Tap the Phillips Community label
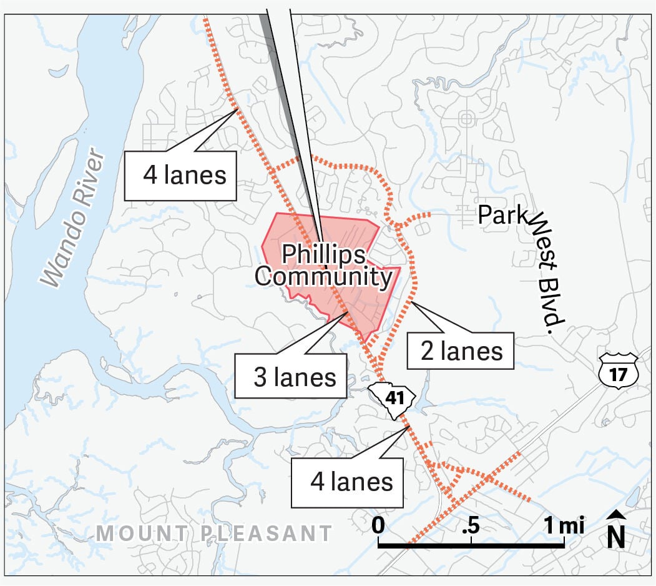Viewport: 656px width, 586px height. (323, 266)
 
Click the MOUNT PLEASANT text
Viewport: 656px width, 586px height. (215, 533)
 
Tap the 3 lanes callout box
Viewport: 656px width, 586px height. (291, 376)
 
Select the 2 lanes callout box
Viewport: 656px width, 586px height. (461, 351)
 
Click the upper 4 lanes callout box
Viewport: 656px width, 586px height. (181, 175)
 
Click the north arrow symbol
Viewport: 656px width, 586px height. (617, 515)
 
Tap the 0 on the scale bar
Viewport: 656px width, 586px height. (378, 526)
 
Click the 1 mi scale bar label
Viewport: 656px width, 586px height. (562, 526)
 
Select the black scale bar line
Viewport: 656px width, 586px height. (471, 545)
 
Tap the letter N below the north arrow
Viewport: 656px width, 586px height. (617, 537)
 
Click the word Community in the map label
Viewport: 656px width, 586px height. (323, 277)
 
